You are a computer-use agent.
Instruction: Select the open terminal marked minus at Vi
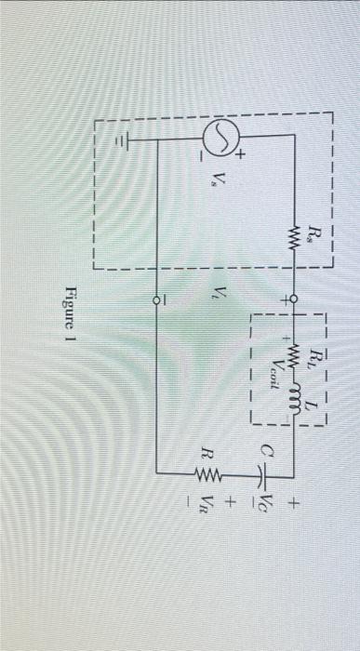(x=156, y=300)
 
